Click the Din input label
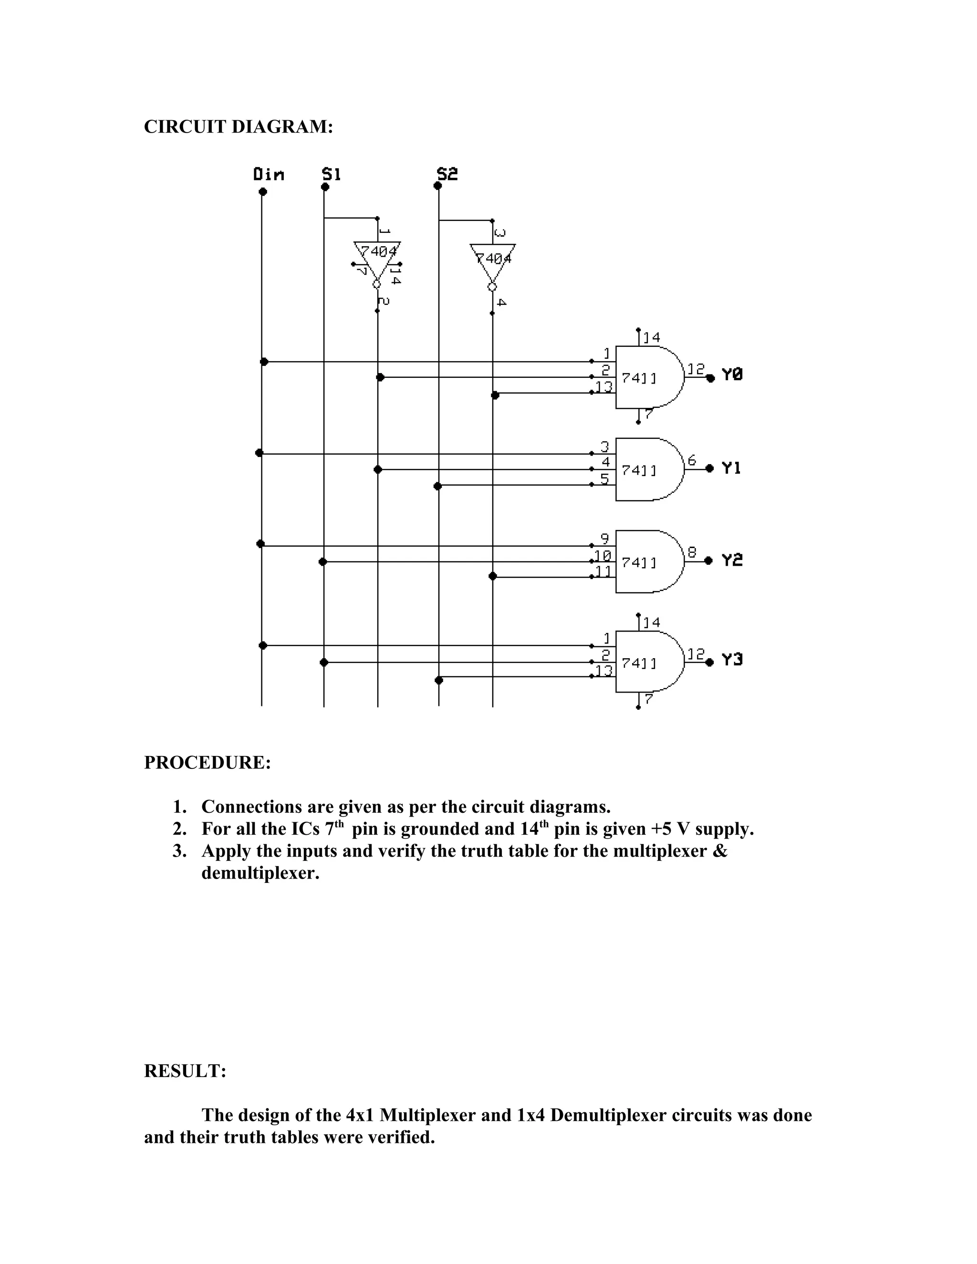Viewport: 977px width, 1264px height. [x=269, y=174]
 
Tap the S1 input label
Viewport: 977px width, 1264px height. [x=331, y=174]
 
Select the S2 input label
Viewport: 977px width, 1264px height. [x=447, y=174]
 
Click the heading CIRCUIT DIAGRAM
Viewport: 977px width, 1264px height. [x=239, y=127]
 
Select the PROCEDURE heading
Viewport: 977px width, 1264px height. [x=207, y=763]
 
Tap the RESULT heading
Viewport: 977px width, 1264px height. [x=185, y=1071]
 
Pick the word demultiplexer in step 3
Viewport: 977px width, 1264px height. [x=260, y=873]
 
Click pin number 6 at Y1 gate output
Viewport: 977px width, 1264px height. [x=692, y=460]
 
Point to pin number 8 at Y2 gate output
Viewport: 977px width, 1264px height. [x=692, y=552]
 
